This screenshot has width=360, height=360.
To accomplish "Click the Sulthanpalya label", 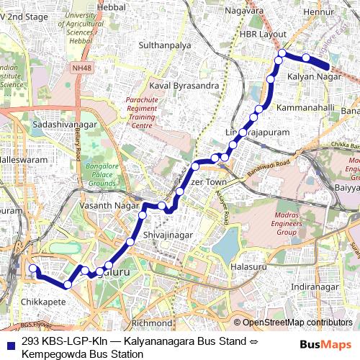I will point(169,45).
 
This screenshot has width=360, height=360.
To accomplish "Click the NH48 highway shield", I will point(102,68).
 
